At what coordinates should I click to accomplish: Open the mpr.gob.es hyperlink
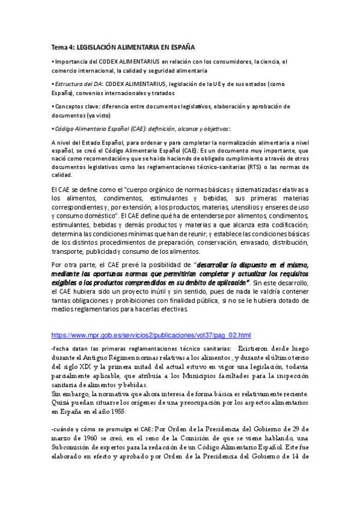[x=151, y=335]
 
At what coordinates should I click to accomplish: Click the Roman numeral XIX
[x=93, y=366]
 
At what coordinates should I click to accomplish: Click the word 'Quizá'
[x=61, y=402]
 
